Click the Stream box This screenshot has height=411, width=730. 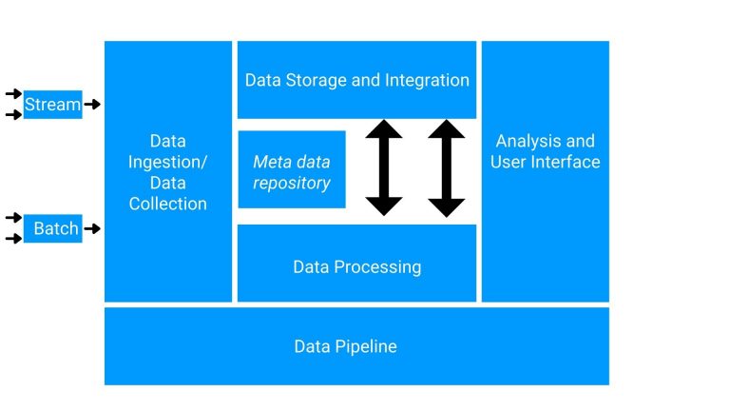[53, 104]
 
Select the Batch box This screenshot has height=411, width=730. [53, 228]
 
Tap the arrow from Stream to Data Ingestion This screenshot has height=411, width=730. [92, 104]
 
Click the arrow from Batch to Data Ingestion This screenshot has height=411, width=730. [92, 228]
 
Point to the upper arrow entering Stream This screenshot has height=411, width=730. [13, 93]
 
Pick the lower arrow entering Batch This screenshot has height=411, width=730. [13, 239]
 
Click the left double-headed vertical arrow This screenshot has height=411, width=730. [384, 167]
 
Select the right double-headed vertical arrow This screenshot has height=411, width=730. [446, 167]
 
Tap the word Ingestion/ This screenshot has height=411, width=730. [167, 162]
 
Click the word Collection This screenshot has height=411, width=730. [167, 204]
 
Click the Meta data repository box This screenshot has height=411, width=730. [292, 169]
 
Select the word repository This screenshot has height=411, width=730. [292, 183]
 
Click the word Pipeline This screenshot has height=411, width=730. [365, 346]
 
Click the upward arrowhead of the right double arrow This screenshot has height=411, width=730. [446, 129]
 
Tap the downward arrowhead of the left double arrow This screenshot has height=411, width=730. [384, 205]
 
